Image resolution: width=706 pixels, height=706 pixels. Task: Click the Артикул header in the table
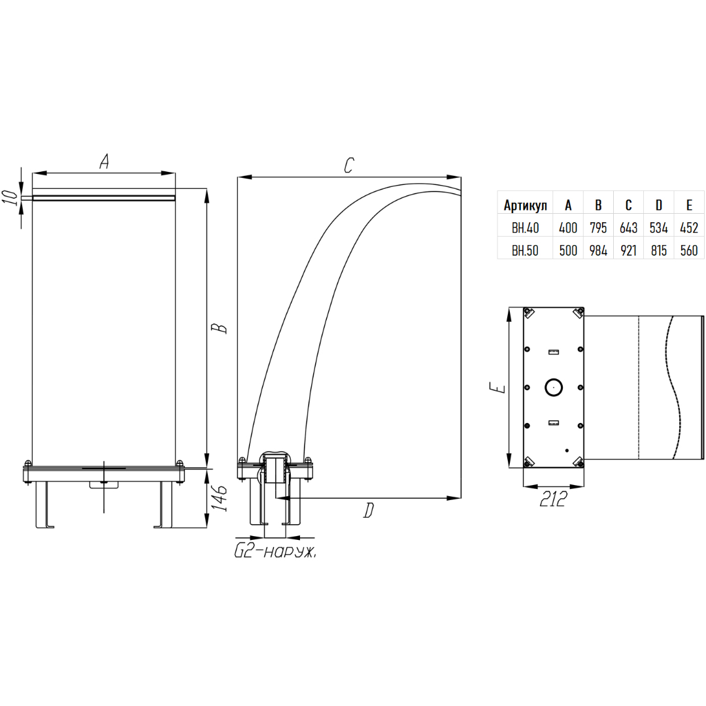(525, 205)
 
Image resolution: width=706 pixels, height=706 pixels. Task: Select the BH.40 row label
(525, 228)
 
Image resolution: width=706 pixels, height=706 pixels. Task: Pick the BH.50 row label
(525, 250)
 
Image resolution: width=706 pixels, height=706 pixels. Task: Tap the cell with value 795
(598, 228)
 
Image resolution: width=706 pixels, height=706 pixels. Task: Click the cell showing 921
(629, 250)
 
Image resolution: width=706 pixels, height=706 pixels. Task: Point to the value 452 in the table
(689, 228)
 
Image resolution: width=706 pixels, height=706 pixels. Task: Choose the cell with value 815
(659, 250)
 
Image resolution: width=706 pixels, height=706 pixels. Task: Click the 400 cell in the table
(568, 228)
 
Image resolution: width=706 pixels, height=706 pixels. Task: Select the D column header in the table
(659, 205)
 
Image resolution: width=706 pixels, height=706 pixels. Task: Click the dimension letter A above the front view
(104, 161)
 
